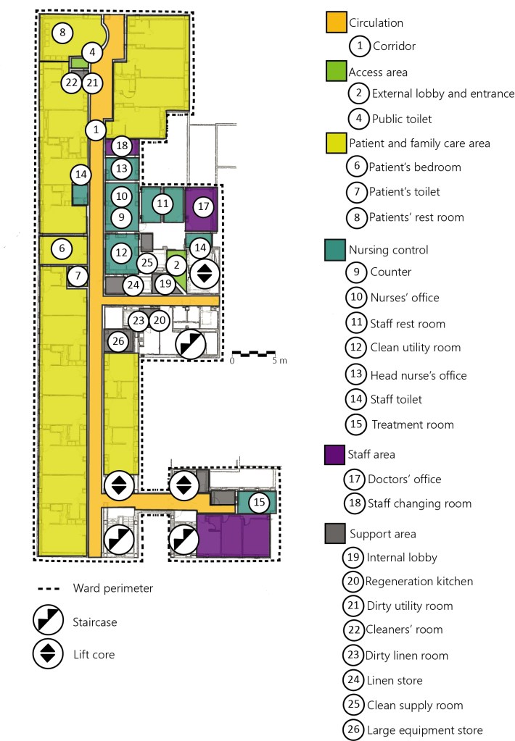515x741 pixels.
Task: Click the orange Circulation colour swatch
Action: tap(335, 22)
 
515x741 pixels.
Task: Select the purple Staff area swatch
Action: tap(335, 454)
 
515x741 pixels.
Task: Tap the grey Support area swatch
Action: tap(335, 534)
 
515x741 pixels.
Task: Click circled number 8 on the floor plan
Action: tap(62, 33)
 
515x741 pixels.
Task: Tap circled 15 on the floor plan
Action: tap(257, 503)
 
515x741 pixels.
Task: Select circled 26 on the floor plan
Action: tap(118, 340)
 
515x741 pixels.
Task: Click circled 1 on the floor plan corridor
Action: tap(95, 130)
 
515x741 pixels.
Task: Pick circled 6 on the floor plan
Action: tap(62, 248)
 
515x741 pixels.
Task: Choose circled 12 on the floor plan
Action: tap(121, 253)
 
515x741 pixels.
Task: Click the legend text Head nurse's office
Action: tap(418, 375)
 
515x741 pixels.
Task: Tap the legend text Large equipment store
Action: tap(424, 730)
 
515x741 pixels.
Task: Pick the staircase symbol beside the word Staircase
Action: tap(47, 621)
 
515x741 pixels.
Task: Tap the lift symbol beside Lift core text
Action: tap(47, 653)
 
